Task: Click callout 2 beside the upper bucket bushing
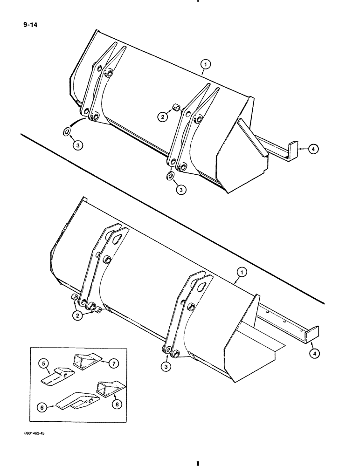[x=162, y=117]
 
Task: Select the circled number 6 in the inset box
[x=42, y=406]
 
